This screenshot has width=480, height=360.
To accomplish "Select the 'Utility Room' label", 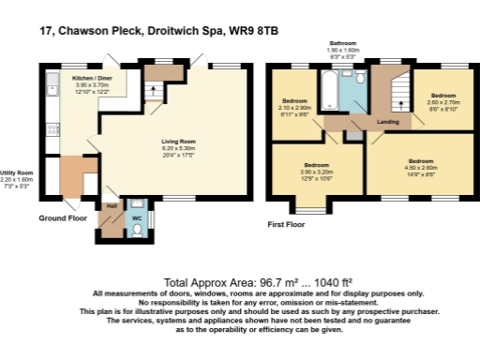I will click(17, 172).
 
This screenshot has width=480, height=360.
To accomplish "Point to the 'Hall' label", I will click(112, 204).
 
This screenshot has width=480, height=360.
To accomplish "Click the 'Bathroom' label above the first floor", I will click(343, 43).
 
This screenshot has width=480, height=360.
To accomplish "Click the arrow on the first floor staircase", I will click(397, 97).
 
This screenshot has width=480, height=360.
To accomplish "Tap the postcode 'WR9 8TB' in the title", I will click(255, 30).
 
